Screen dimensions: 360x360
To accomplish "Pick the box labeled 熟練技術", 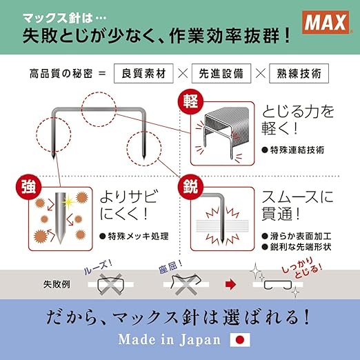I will pos(300,72).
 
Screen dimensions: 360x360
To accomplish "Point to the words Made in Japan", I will pos(169,339).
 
